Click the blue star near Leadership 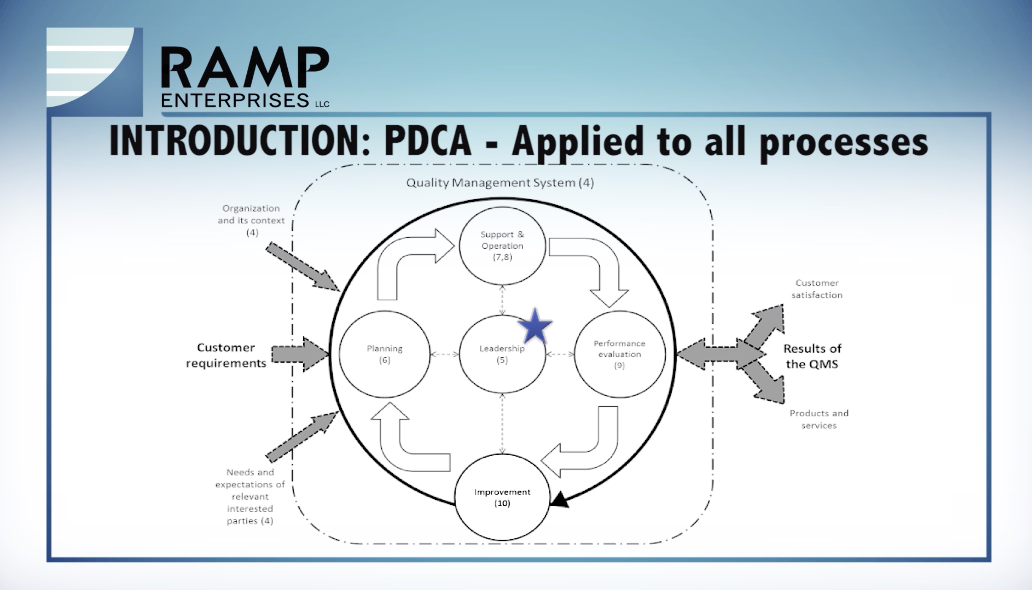[x=535, y=327]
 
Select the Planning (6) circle [x=384, y=354]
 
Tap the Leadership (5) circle [x=502, y=354]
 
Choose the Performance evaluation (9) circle [x=620, y=354]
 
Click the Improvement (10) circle [x=502, y=497]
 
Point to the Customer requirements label [x=226, y=355]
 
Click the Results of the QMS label [x=812, y=356]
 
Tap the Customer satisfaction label [x=817, y=289]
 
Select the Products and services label [x=819, y=419]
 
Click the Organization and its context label [x=251, y=220]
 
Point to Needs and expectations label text [x=250, y=496]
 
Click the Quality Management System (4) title [x=500, y=183]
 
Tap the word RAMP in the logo [x=245, y=67]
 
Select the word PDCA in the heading [x=428, y=141]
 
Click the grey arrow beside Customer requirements [x=300, y=354]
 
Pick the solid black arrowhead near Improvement [x=560, y=499]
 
